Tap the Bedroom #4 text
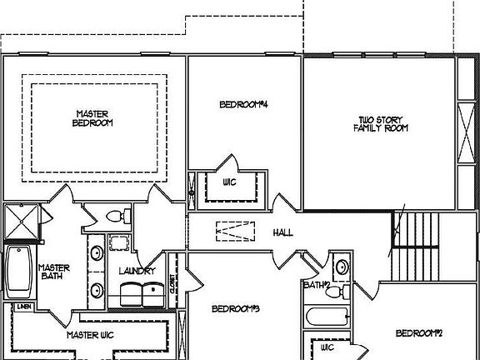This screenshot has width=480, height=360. [242, 105]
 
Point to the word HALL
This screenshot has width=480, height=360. [282, 232]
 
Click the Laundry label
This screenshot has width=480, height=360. [137, 272]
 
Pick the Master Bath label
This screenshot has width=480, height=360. [54, 272]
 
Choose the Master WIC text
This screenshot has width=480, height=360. [90, 335]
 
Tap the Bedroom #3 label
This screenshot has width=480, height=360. [236, 309]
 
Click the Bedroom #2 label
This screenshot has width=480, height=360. [417, 333]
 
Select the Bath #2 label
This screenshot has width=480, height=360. [317, 285]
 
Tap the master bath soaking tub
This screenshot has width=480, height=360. [18, 271]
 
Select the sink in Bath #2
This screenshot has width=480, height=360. [340, 268]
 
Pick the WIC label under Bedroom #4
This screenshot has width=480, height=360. [231, 182]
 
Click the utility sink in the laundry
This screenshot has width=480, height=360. [119, 243]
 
